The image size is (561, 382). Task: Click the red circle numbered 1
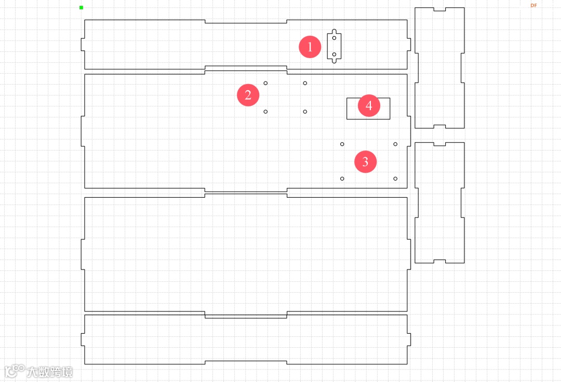click(x=310, y=47)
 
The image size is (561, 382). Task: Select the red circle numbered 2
click(x=248, y=95)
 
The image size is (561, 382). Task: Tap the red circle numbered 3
click(x=365, y=161)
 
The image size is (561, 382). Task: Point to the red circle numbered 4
click(x=369, y=106)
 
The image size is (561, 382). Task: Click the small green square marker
click(x=82, y=7)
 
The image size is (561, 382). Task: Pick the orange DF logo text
click(x=533, y=5)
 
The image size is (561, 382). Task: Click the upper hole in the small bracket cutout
click(x=334, y=38)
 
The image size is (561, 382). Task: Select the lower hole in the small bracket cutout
click(x=334, y=54)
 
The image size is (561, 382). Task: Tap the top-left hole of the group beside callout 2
click(x=265, y=83)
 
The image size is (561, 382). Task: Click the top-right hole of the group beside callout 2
click(x=305, y=83)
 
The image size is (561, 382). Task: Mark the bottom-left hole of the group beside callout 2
click(x=265, y=112)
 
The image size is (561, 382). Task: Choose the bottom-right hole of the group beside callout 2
click(x=305, y=112)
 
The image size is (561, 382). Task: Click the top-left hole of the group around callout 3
click(x=342, y=144)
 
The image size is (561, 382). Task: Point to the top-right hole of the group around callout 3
click(x=395, y=144)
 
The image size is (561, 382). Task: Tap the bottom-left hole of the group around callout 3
click(x=342, y=179)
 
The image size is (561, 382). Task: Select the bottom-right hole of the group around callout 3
click(x=395, y=179)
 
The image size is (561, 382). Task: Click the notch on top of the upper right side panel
click(x=439, y=9)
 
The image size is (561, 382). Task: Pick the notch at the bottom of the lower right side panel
click(x=439, y=261)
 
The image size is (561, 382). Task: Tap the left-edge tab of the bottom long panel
click(x=83, y=339)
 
